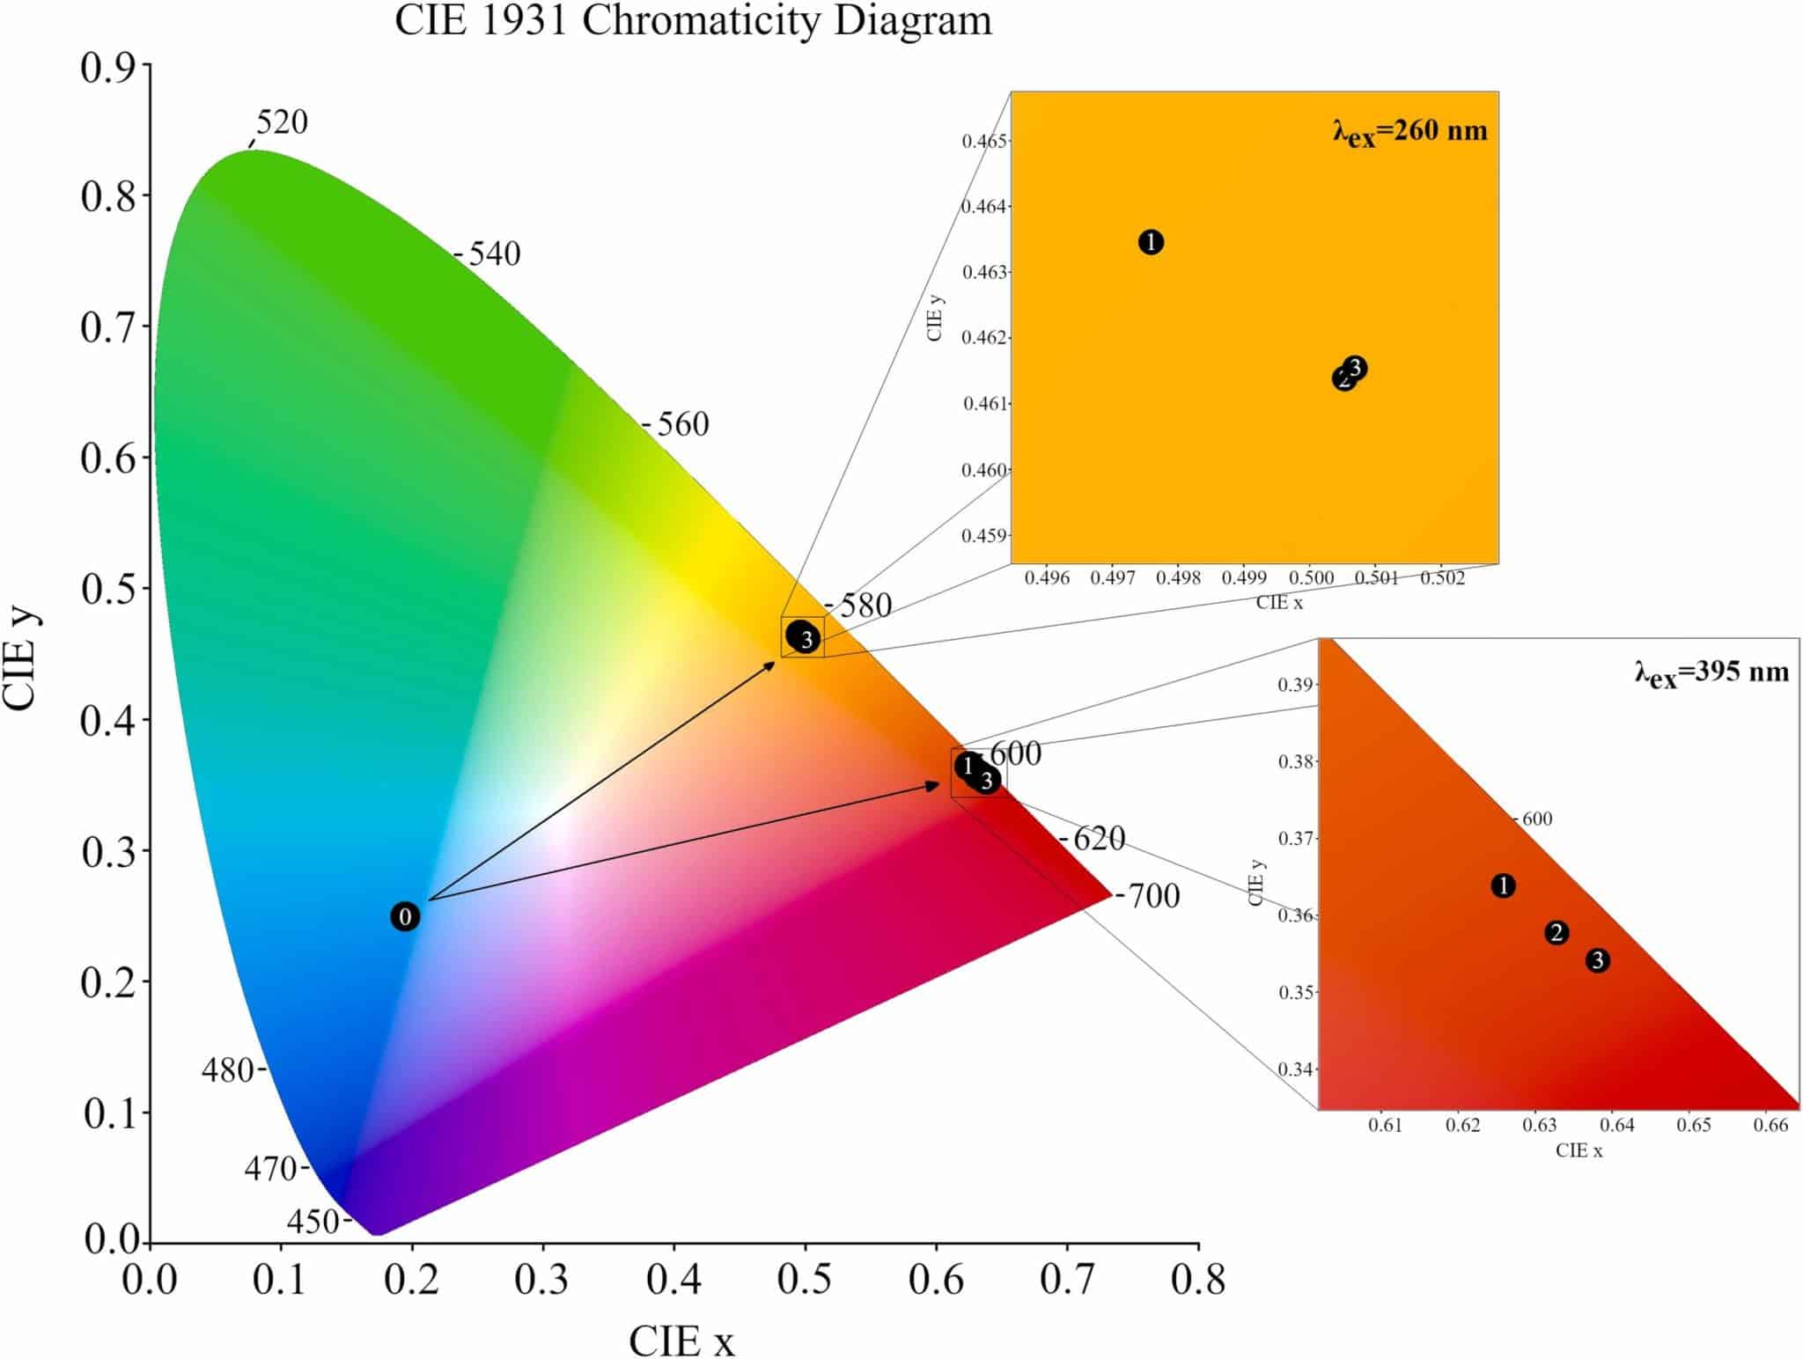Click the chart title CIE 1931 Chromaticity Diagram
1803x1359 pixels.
click(x=693, y=21)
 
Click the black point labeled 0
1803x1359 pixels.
click(x=405, y=917)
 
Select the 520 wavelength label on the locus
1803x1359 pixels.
click(x=282, y=122)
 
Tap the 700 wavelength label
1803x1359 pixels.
click(x=1153, y=896)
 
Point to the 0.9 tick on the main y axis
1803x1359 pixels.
click(x=108, y=68)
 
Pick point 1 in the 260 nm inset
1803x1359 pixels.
click(x=1151, y=242)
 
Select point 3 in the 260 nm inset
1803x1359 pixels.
click(x=1356, y=367)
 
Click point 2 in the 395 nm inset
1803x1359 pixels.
click(x=1556, y=933)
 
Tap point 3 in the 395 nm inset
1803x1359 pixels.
click(x=1598, y=961)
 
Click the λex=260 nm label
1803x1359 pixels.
click(x=1409, y=132)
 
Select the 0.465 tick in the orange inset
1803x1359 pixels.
click(x=984, y=141)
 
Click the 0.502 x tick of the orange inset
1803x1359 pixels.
click(x=1442, y=578)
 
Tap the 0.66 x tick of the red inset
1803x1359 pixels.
click(x=1770, y=1126)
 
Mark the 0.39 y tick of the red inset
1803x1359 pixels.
click(x=1295, y=685)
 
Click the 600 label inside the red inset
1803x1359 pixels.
click(x=1536, y=819)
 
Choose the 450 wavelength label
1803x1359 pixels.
click(x=313, y=1222)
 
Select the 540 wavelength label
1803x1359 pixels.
click(x=494, y=254)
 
